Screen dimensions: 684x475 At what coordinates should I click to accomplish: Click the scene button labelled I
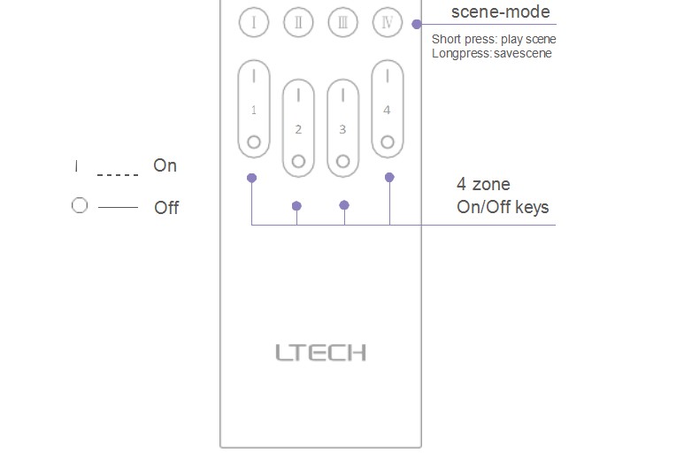254,22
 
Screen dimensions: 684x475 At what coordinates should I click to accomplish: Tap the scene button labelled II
298,22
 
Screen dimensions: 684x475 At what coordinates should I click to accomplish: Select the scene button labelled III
342,22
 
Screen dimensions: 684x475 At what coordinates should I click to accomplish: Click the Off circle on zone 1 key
254,142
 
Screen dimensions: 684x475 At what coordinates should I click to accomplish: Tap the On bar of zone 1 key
254,76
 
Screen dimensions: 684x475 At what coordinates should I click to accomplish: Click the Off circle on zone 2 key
298,161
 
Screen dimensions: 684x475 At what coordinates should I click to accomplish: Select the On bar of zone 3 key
342,95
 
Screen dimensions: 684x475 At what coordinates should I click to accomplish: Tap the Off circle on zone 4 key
388,142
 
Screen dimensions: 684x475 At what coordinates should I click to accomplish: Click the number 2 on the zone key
298,129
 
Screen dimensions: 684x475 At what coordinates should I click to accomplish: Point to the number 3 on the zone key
342,129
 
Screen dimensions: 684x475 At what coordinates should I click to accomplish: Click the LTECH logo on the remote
320,352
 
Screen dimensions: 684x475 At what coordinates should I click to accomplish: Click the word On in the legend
165,165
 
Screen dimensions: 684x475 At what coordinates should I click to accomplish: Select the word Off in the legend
166,208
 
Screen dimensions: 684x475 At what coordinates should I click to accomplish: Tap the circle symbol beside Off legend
80,205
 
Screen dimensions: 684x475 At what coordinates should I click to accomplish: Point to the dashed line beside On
118,175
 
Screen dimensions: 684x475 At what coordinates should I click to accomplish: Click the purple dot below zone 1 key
251,178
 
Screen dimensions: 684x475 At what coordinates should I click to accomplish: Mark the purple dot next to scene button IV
417,25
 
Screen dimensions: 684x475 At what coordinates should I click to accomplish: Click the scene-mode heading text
500,11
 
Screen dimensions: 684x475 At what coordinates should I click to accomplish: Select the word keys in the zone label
532,208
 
